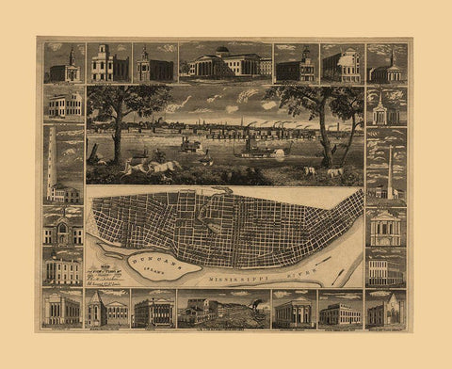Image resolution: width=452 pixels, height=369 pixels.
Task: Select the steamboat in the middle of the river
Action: click(x=191, y=146)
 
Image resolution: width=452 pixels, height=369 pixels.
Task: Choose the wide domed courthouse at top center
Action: click(x=226, y=62)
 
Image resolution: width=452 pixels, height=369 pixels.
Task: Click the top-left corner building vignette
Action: click(x=63, y=62)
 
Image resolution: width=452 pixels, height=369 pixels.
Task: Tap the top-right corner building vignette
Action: click(x=386, y=62)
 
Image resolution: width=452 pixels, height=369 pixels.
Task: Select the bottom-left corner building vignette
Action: click(x=62, y=309)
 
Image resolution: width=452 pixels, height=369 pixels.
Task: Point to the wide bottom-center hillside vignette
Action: click(x=224, y=309)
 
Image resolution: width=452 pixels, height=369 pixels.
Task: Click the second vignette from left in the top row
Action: click(x=109, y=62)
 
